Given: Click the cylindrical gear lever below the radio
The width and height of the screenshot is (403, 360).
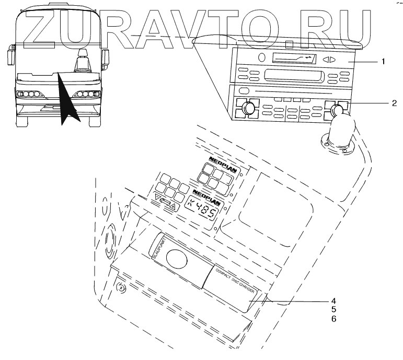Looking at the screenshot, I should pos(341,133).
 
